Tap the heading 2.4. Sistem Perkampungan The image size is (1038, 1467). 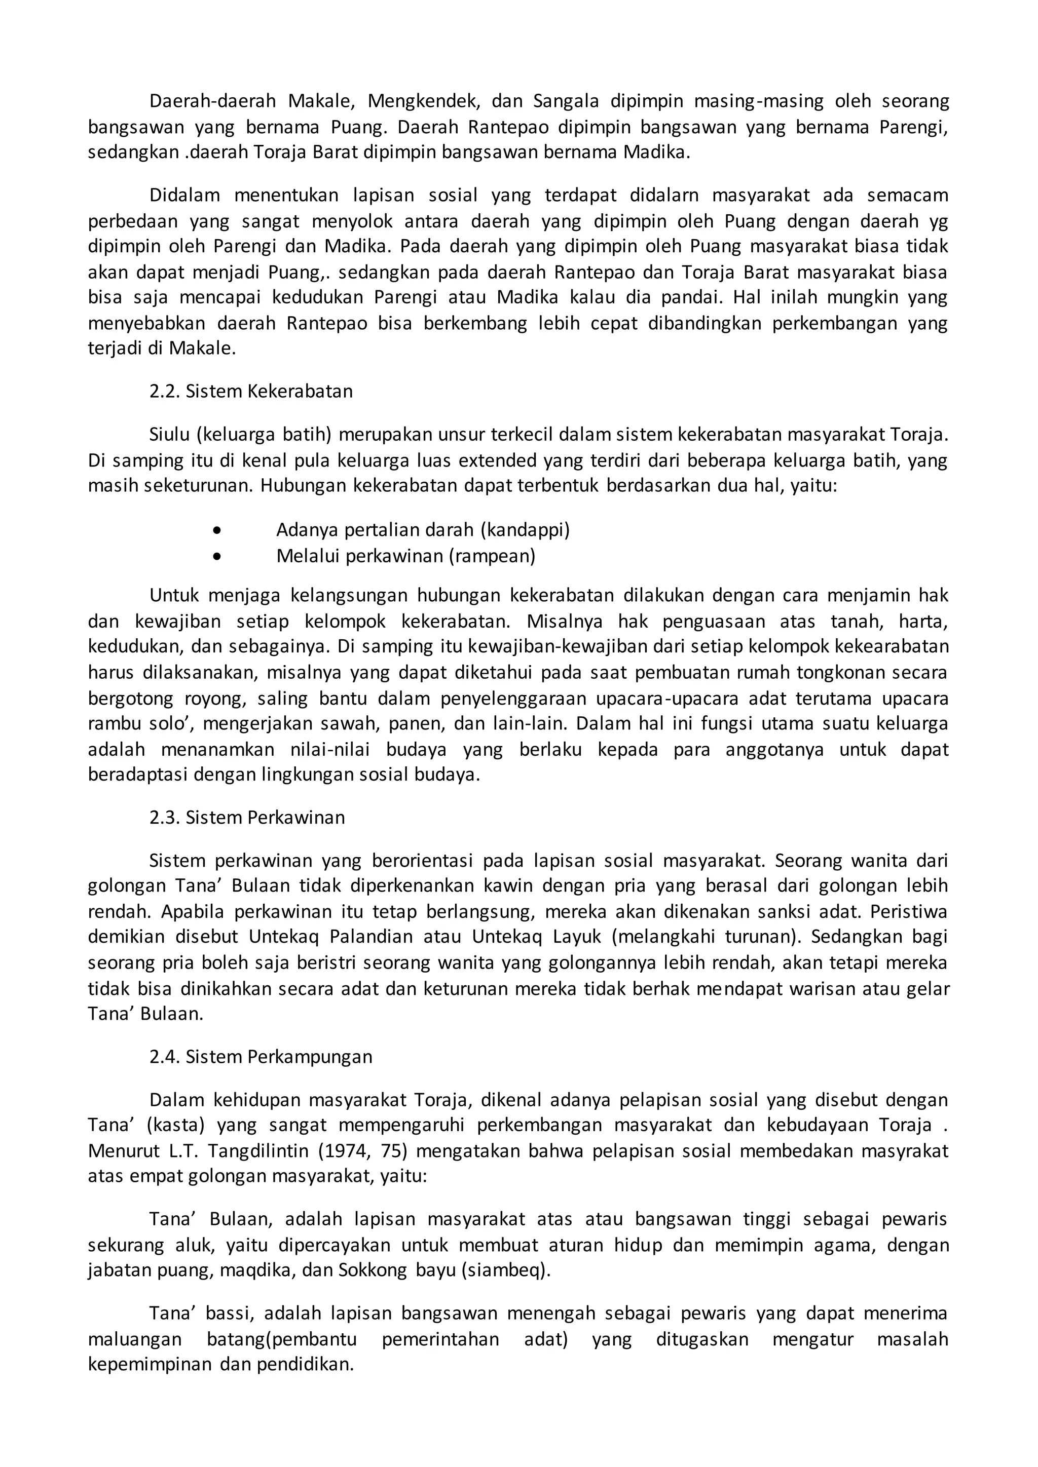click(x=261, y=1056)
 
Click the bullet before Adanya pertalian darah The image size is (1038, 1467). click(x=218, y=530)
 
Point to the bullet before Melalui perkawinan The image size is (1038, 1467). click(x=218, y=557)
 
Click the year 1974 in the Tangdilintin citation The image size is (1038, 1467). click(x=347, y=1151)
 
